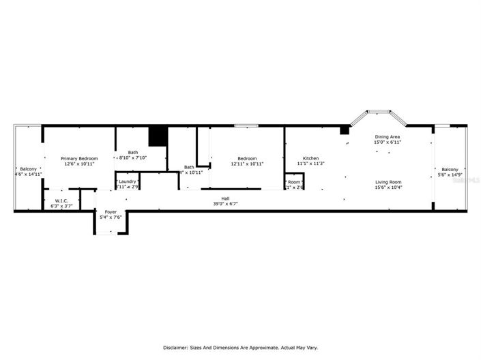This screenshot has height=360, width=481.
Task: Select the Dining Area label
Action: tap(387, 137)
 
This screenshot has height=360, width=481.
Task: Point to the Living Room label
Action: tap(388, 182)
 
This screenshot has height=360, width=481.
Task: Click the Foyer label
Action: tap(110, 212)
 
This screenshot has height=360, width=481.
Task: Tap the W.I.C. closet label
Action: tap(61, 200)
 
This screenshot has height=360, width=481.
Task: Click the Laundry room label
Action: tap(128, 181)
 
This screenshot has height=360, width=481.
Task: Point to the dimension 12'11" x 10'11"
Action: tap(247, 164)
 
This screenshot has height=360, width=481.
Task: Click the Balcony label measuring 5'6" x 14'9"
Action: tap(450, 170)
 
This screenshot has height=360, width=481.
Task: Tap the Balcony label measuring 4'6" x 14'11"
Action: tap(29, 169)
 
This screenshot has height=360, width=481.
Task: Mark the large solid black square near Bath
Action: tap(158, 136)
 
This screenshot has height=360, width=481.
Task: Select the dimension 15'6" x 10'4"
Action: tap(388, 187)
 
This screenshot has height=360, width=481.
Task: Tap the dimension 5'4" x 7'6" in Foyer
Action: tap(111, 217)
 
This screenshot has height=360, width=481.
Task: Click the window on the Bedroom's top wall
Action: tap(246, 125)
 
